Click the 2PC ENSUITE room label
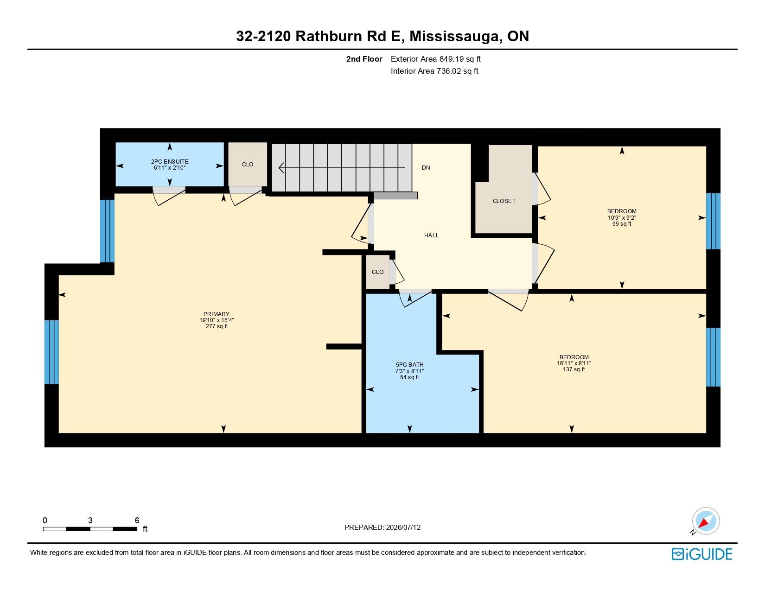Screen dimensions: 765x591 (170, 162)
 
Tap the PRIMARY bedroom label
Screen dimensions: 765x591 (216, 314)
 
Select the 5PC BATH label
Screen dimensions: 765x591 (409, 365)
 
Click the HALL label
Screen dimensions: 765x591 (431, 235)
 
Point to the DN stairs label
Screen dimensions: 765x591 (426, 167)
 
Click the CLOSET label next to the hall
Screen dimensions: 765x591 (504, 201)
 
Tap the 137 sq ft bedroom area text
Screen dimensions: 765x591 (574, 369)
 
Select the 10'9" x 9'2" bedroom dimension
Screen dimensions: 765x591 (622, 217)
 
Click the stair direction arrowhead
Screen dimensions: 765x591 (281, 168)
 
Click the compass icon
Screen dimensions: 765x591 (705, 521)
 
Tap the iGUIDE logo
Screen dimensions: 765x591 (701, 554)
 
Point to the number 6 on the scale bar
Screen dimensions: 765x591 (137, 520)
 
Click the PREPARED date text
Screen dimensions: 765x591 (382, 527)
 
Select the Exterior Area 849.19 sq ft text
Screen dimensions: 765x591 (435, 59)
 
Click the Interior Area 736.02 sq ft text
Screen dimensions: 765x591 (434, 71)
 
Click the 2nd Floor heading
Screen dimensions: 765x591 (364, 59)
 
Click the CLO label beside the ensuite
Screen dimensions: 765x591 (248, 165)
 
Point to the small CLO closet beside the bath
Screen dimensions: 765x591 (377, 272)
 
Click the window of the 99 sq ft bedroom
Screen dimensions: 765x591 (713, 221)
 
